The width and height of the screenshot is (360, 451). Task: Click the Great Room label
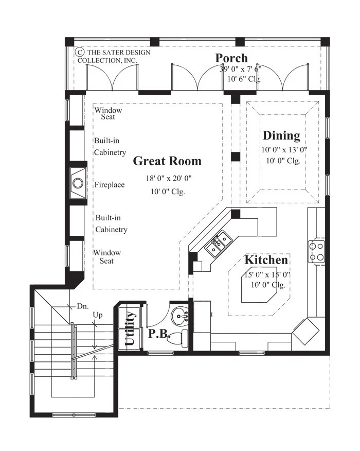pos(167,161)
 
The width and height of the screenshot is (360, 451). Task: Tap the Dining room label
pos(281,135)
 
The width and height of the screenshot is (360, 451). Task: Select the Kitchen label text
pos(266,259)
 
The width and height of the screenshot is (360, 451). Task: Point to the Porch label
pos(231,58)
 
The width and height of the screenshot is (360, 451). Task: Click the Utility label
pos(130,328)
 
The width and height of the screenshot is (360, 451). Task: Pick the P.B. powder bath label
pos(159,334)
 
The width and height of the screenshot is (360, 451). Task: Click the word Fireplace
pos(110,184)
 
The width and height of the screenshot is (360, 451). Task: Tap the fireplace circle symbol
pos(78,183)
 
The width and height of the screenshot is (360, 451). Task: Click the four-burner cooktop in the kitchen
pos(317,251)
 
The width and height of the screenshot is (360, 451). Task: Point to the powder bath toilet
pos(177,339)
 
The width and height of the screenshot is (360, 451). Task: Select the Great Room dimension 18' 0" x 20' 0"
pos(169,178)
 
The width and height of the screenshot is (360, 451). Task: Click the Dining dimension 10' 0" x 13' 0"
pos(284,150)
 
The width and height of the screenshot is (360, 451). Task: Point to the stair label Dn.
pos(83,306)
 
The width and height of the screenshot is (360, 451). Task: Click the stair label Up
pos(98,315)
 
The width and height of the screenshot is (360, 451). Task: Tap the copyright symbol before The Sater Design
pos(80,52)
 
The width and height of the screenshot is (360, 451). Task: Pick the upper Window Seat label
pos(109,113)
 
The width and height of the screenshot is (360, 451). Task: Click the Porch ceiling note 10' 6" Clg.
pos(244,79)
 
